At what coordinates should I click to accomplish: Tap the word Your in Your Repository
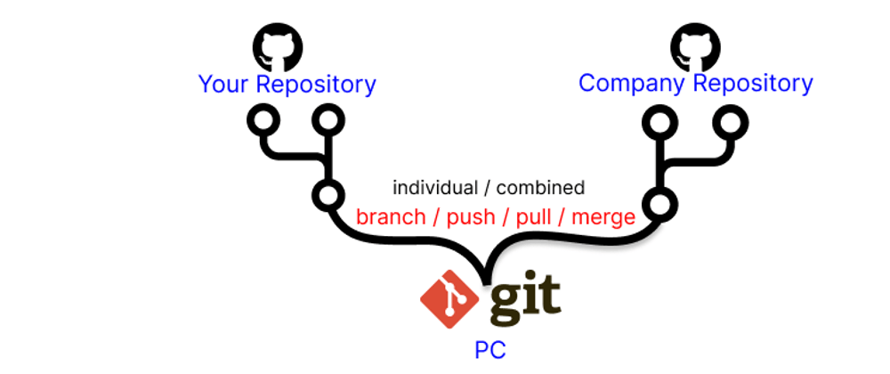(x=224, y=85)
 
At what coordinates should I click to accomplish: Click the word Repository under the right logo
(x=753, y=84)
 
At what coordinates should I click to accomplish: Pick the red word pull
(x=532, y=217)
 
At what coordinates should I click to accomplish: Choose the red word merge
(x=603, y=217)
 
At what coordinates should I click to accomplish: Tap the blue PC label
(x=489, y=349)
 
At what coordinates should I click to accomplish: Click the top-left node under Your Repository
(x=263, y=121)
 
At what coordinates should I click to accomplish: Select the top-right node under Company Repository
(x=727, y=122)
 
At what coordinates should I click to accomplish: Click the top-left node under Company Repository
(x=659, y=122)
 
